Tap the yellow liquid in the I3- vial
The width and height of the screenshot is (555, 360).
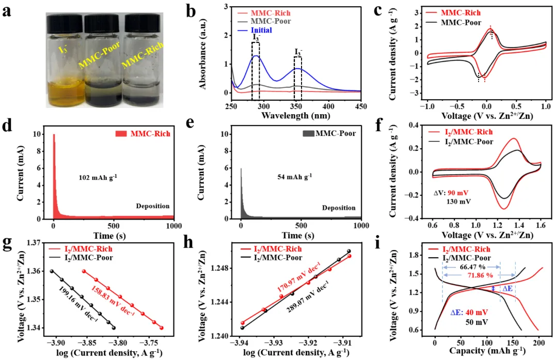pyautogui.click(x=66, y=93)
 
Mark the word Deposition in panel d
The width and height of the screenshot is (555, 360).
pyautogui.click(x=153, y=206)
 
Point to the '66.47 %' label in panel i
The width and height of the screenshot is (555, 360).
pyautogui.click(x=471, y=267)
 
